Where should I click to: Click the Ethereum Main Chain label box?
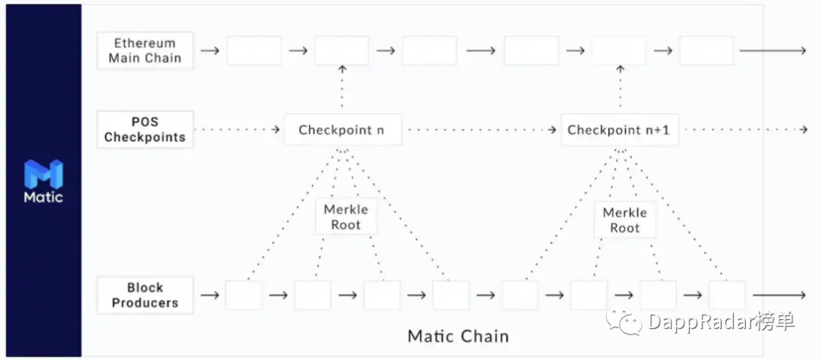tap(145, 51)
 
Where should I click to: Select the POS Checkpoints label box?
tap(145, 129)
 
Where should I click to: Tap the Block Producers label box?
tap(145, 295)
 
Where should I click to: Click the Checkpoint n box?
tap(342, 130)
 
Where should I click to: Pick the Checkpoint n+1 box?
tap(619, 130)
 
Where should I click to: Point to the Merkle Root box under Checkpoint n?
tap(346, 217)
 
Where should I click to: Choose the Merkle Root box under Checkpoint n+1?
tap(625, 220)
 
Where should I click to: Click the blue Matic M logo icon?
tap(43, 174)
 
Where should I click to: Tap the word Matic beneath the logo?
tap(43, 197)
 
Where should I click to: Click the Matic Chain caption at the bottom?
tap(458, 336)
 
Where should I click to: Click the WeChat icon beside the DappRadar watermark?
tap(623, 322)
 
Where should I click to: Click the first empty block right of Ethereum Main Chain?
tap(254, 51)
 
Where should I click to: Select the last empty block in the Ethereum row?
tap(706, 51)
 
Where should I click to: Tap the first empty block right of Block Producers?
tap(244, 295)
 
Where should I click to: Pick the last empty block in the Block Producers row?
tap(727, 295)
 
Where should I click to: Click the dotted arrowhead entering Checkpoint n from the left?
tap(275, 130)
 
